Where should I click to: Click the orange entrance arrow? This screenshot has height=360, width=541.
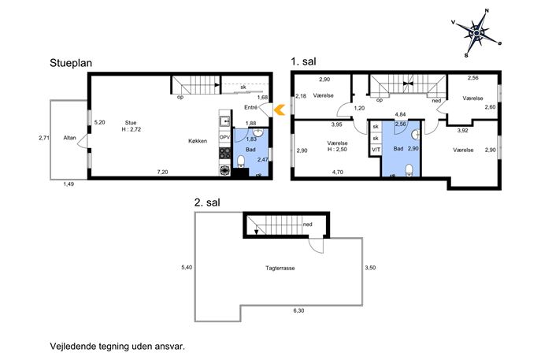280,110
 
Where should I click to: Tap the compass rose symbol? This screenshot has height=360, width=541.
476,33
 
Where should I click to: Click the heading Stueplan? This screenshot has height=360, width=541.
71,63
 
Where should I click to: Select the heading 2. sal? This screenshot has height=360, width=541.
207,202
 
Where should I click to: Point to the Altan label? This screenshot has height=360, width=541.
69,138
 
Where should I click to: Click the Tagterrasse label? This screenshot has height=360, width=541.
280,268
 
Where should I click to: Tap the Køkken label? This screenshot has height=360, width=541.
198,141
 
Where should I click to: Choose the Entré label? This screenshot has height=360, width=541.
251,107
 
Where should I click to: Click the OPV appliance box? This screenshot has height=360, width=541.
224,137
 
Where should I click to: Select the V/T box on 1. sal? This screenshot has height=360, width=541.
376,150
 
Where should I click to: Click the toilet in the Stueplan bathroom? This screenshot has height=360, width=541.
241,161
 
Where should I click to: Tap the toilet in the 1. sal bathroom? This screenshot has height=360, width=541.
409,170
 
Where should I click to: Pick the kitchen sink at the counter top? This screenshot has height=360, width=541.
224,121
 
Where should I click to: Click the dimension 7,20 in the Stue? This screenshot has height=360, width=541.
162,172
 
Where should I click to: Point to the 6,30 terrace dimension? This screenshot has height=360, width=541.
298,310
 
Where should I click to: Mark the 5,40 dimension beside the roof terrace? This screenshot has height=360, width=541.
187,267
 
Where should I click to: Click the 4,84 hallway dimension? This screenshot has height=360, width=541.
400,114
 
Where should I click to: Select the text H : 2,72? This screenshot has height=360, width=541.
131,129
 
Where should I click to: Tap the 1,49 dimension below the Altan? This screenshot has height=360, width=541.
69,184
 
